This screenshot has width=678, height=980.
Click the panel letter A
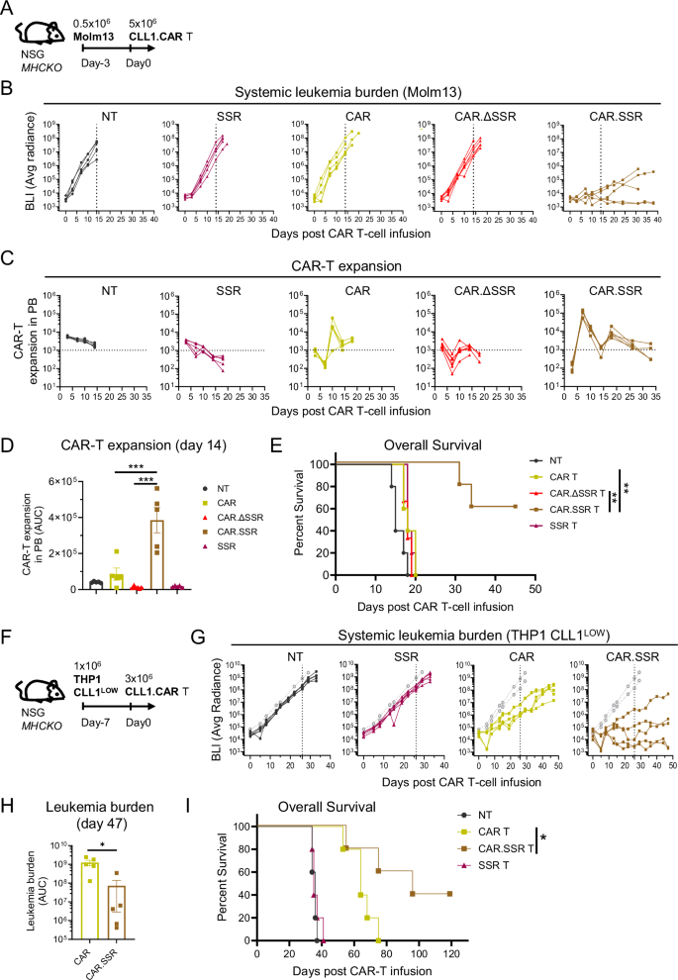(x=8, y=9)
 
